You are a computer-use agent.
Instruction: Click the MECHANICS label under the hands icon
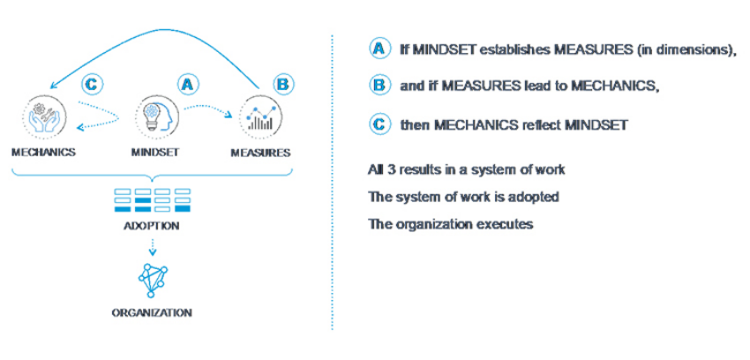click(43, 153)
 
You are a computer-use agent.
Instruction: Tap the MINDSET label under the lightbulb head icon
click(155, 153)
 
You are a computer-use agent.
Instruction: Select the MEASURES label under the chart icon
click(260, 153)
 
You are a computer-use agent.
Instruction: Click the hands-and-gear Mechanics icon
click(44, 116)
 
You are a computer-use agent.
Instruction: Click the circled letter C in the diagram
click(93, 85)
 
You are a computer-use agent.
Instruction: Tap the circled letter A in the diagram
click(188, 85)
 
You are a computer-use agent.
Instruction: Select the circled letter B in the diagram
click(283, 85)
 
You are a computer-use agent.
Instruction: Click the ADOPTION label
click(152, 225)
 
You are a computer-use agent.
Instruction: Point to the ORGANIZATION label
click(152, 313)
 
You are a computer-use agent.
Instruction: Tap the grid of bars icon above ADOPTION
click(152, 200)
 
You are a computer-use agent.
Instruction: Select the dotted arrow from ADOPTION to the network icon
click(152, 247)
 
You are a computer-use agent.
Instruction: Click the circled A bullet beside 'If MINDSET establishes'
click(379, 50)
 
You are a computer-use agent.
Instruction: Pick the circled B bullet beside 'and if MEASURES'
click(379, 86)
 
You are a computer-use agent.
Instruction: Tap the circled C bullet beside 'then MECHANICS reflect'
click(379, 125)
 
